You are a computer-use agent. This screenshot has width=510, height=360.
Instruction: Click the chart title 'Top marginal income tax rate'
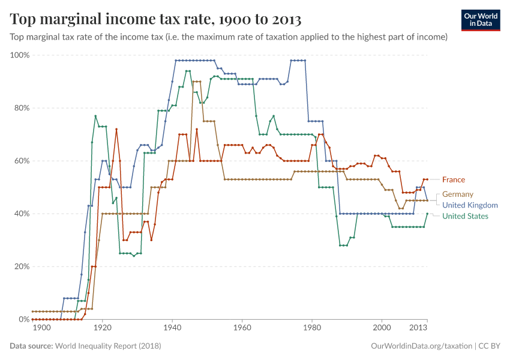coord(155,19)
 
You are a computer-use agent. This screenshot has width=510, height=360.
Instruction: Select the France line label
coord(453,179)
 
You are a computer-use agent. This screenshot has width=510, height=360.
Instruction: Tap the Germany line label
coord(457,194)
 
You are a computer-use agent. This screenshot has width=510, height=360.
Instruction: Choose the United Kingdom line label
coord(470,205)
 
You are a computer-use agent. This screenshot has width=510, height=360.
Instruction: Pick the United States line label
coord(465,216)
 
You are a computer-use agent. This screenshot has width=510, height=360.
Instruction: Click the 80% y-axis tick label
coord(21,108)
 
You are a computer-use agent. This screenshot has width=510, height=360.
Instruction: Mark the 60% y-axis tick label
coord(21,161)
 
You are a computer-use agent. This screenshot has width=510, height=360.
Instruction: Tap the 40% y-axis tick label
coord(21,214)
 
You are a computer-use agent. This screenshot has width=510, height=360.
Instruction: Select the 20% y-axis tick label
coord(21,266)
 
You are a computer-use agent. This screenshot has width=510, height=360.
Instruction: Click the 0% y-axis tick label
coord(23,319)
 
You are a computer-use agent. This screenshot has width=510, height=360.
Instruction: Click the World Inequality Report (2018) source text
coord(108,346)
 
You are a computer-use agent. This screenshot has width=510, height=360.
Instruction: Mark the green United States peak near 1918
coord(95,116)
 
